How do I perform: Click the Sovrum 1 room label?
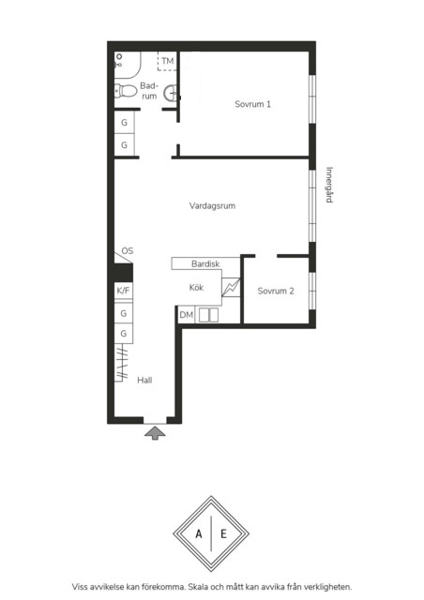pos(252,104)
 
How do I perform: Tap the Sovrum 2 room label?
pos(276,291)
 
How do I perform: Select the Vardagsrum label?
pos(212,206)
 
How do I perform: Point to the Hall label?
pos(144,380)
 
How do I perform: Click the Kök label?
pos(196,288)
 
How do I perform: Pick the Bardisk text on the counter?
pos(205,264)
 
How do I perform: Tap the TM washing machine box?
pos(168,61)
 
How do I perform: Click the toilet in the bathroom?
pos(126,92)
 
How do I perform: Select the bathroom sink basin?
pos(171,94)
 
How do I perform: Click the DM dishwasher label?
pos(187,315)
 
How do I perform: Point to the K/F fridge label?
pos(123,291)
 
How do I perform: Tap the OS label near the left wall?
pos(128,251)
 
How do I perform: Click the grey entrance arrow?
pos(155,433)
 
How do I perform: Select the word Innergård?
pos(329,185)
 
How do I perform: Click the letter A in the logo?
pos(199,533)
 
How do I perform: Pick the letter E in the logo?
pos(223,533)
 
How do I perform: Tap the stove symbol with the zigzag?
pos(231,287)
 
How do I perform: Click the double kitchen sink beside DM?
pos(209,315)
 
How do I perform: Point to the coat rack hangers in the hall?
pos(122,362)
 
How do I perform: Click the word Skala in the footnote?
pos(199,587)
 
